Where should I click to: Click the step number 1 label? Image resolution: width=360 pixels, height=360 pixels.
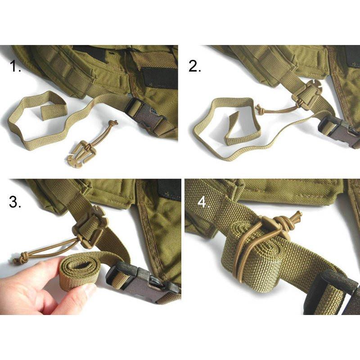[15, 67]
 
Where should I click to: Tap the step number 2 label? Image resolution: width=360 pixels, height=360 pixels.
[195, 67]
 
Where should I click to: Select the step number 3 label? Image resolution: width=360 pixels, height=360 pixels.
[15, 202]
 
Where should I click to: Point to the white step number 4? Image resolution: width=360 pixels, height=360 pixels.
[204, 202]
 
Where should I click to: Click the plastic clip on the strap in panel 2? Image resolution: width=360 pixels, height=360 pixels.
[307, 96]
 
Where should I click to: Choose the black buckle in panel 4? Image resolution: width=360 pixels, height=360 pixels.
[333, 293]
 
